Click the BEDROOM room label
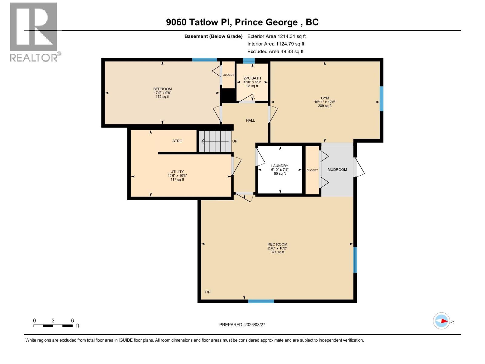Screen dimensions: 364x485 [162, 89]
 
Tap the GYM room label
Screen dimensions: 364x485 [325, 98]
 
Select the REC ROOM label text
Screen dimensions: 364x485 [277, 244]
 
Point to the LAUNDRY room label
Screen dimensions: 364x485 [279, 166]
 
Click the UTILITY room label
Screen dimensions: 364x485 [177, 172]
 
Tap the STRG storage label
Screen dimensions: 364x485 [177, 141]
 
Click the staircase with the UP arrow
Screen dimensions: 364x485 [215, 141]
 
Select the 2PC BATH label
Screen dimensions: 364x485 [252, 78]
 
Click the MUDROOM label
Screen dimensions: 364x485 [337, 170]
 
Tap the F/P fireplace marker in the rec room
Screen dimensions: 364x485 [208, 292]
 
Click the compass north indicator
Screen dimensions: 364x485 [441, 321]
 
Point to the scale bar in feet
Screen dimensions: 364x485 [53, 325]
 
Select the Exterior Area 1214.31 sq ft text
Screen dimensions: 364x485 [276, 36]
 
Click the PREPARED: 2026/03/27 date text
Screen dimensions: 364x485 [242, 325]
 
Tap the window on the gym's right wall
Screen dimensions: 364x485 [381, 99]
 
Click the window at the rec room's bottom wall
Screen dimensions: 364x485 [261, 301]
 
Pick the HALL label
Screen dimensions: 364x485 [250, 121]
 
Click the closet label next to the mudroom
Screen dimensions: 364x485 [312, 170]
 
